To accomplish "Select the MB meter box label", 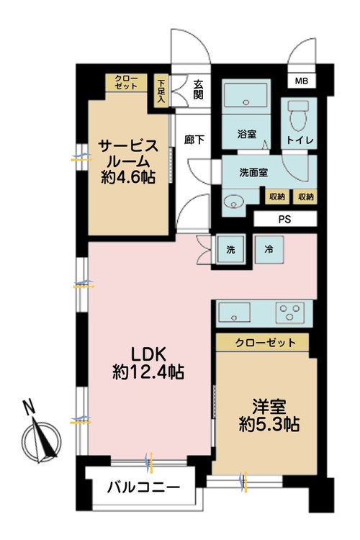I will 300,81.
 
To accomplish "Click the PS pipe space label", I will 284,219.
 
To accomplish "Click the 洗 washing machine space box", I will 230,249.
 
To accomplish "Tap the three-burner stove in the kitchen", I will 292,313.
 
